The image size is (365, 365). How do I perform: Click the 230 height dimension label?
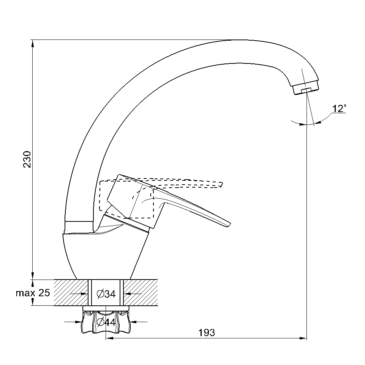(27, 160)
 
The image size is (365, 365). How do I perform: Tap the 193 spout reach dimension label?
(207, 333)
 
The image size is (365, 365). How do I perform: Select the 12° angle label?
(339, 109)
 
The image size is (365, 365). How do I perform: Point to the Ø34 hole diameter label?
(106, 294)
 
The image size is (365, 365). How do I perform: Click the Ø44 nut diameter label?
(106, 322)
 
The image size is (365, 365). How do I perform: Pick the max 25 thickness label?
(33, 293)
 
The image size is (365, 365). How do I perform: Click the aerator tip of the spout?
(306, 87)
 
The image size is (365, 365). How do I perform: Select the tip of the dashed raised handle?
(222, 184)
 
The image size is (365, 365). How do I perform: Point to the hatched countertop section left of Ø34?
(71, 292)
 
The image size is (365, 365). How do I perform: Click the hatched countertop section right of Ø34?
(141, 292)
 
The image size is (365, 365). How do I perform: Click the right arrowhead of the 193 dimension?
(303, 338)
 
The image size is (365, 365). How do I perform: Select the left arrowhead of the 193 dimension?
(109, 338)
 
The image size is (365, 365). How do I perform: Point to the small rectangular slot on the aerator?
(306, 90)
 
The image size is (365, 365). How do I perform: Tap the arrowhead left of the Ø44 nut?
(78, 322)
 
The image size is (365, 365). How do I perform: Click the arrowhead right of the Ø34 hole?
(127, 294)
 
